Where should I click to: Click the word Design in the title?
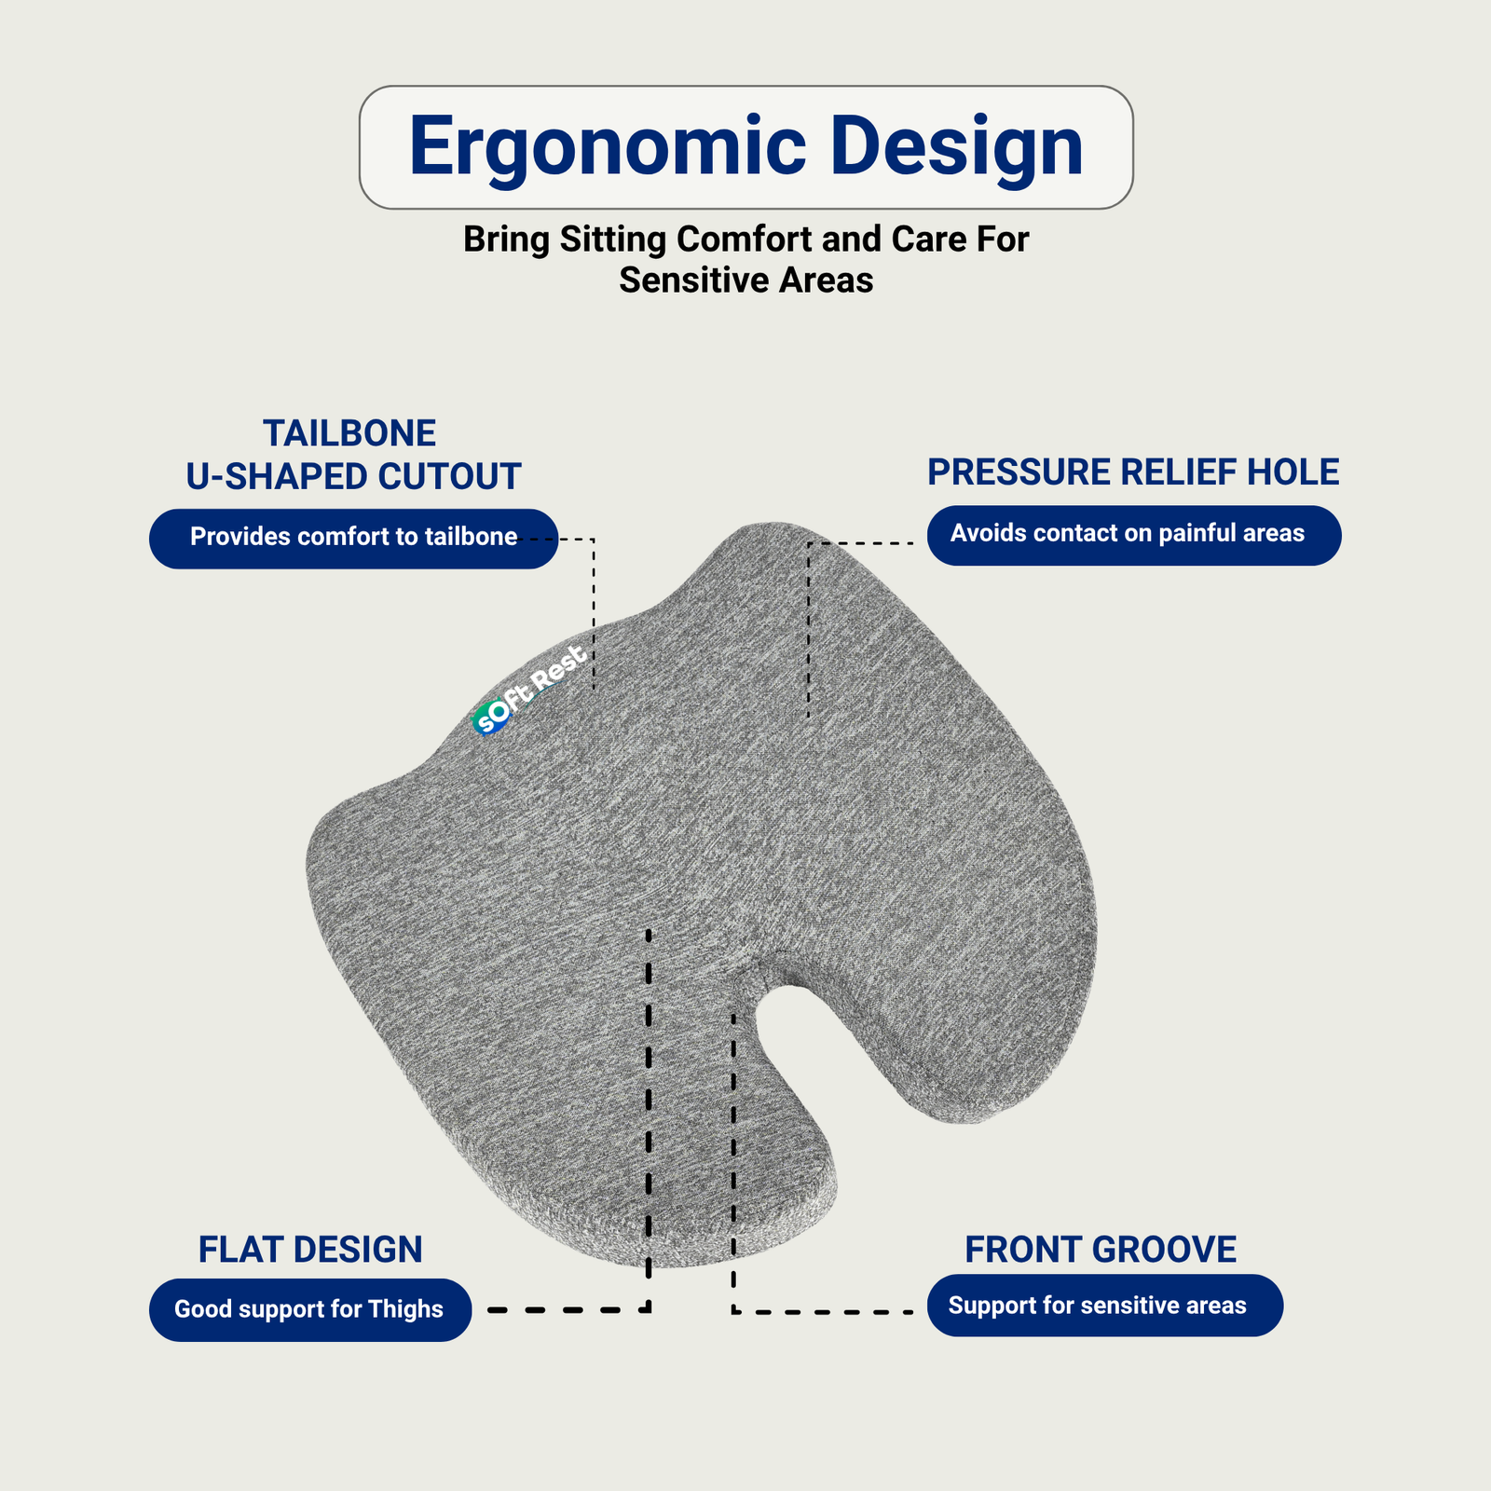(x=957, y=147)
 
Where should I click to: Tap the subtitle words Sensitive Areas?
(x=746, y=280)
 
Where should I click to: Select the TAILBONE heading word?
(x=349, y=433)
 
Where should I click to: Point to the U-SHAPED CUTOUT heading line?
(x=353, y=476)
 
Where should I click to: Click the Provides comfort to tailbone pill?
(x=353, y=539)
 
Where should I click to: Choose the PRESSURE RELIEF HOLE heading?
(x=1133, y=472)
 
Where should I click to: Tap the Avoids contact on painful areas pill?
(x=1134, y=535)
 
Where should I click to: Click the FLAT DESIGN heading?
(x=310, y=1250)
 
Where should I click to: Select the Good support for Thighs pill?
(x=310, y=1309)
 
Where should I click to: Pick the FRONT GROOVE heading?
(x=1101, y=1250)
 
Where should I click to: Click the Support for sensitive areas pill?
(x=1104, y=1306)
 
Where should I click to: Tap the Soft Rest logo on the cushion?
(x=529, y=691)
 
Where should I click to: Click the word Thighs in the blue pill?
(x=405, y=1309)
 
